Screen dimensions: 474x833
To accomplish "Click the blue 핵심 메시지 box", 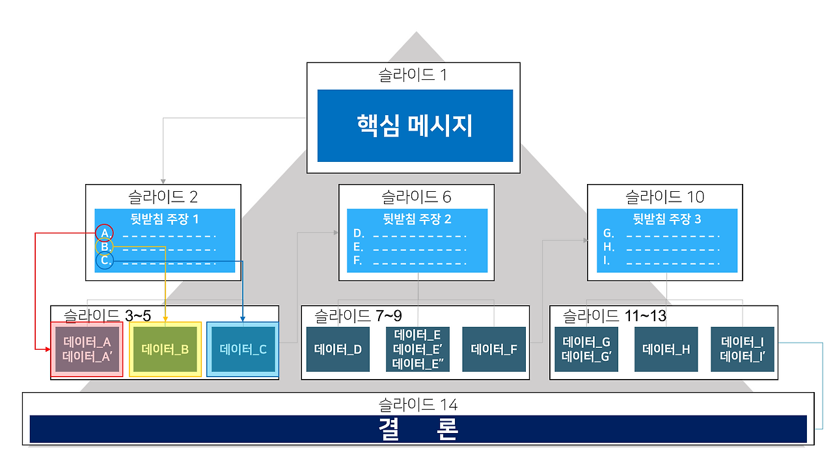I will pos(415,125).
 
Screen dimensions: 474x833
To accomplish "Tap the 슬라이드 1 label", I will pos(413,75).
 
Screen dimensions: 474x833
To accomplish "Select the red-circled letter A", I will pos(104,233).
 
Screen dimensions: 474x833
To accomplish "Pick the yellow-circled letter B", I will pos(104,246).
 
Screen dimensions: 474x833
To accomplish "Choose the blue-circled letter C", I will pos(104,261).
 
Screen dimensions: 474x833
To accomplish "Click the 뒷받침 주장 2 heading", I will pos(416,219).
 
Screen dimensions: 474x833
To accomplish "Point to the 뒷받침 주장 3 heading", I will pos(666,219).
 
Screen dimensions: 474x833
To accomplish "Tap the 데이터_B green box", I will pos(165,349).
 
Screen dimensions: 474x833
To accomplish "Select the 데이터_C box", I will pos(243,349).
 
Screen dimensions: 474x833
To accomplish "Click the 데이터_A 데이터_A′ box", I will pos(87,349).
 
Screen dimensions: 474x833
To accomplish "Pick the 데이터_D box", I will pos(338,349).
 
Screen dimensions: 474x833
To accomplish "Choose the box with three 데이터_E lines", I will pos(417,349).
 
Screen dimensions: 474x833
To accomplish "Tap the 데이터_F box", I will pos(494,349).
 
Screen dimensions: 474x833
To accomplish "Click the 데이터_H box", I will pos(666,349).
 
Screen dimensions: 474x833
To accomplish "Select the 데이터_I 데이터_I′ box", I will pos(743,349).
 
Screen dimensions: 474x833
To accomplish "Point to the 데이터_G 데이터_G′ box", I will pos(586,349).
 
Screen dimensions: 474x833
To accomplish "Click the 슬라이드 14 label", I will pos(418,405).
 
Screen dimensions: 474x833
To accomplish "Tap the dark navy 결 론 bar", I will pos(418,429).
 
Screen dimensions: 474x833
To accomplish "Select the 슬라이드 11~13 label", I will pos(614,317).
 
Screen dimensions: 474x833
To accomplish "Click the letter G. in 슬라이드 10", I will pos(608,233).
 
